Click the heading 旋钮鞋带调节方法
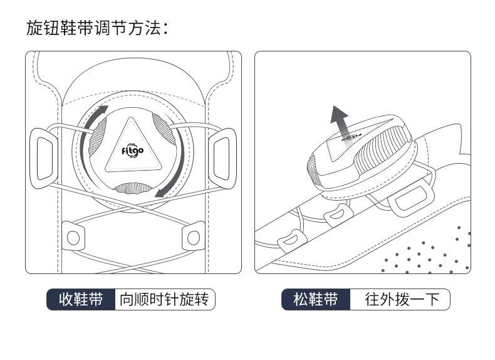click(x=96, y=28)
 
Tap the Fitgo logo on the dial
click(x=132, y=151)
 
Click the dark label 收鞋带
click(x=81, y=299)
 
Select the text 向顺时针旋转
click(x=164, y=299)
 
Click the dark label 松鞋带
click(x=315, y=299)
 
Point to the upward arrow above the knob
click(x=340, y=122)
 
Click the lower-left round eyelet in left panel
click(x=73, y=236)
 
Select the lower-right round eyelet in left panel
click(x=192, y=236)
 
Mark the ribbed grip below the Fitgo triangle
click(x=132, y=189)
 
